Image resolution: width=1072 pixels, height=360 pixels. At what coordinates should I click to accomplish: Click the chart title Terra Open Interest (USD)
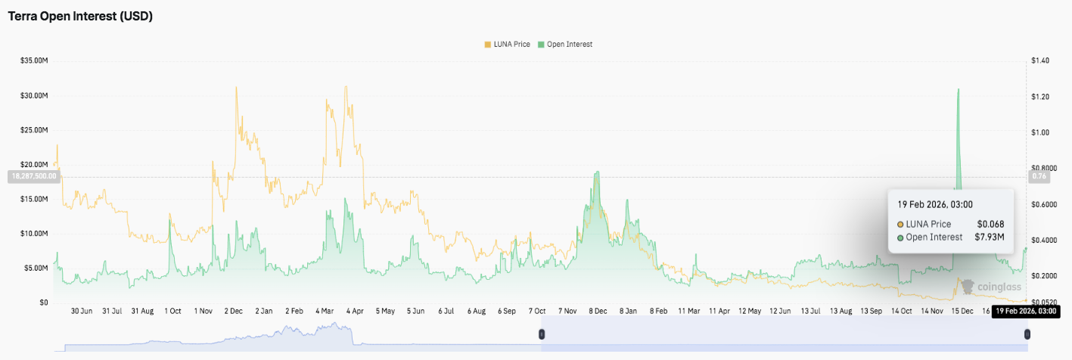[80, 17]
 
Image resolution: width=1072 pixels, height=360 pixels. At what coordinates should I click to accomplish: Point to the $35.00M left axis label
[34, 61]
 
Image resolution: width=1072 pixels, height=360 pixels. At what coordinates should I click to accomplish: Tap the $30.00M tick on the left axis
[34, 96]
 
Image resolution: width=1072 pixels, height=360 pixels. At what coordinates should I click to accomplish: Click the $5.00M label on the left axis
[36, 268]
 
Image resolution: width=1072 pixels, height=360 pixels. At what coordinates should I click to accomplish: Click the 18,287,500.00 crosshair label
[33, 176]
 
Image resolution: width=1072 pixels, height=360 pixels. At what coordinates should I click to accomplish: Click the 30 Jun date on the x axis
[81, 311]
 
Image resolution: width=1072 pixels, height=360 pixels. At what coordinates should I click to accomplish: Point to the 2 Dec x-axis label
[232, 311]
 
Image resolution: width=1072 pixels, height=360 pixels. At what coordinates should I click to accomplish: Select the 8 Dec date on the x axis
[598, 311]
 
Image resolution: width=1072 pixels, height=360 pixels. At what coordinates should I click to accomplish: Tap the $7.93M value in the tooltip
[990, 237]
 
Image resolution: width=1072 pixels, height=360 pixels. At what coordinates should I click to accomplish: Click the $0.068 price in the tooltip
[991, 224]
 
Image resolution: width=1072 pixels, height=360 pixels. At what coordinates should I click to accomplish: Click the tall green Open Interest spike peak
[959, 90]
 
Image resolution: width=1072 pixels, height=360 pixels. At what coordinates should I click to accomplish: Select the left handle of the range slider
[541, 334]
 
